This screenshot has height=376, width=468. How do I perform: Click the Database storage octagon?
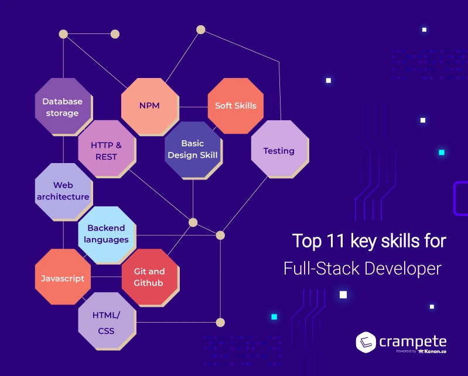click(x=63, y=106)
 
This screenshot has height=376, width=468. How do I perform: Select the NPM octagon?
click(x=149, y=106)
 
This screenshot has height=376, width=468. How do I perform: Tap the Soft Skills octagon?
click(x=235, y=106)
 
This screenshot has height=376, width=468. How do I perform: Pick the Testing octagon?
click(x=279, y=149)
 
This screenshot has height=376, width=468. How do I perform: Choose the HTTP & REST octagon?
click(x=107, y=149)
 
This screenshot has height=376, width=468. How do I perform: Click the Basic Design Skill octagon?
click(x=193, y=150)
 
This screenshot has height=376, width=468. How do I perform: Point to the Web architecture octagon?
click(x=63, y=192)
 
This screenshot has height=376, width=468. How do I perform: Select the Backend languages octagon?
click(x=107, y=235)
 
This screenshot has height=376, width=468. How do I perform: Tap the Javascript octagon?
click(x=63, y=277)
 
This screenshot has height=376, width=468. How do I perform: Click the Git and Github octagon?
click(x=150, y=277)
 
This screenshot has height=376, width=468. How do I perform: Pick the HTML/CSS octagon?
click(x=107, y=321)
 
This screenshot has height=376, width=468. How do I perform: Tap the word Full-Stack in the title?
click(x=322, y=268)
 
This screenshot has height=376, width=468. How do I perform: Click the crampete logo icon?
click(x=366, y=342)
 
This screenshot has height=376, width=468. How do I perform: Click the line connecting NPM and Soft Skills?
click(x=193, y=107)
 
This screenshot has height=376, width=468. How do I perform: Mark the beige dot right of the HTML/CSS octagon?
click(x=220, y=323)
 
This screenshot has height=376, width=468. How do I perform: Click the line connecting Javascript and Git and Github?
click(x=106, y=277)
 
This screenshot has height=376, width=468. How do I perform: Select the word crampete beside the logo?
click(x=413, y=341)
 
